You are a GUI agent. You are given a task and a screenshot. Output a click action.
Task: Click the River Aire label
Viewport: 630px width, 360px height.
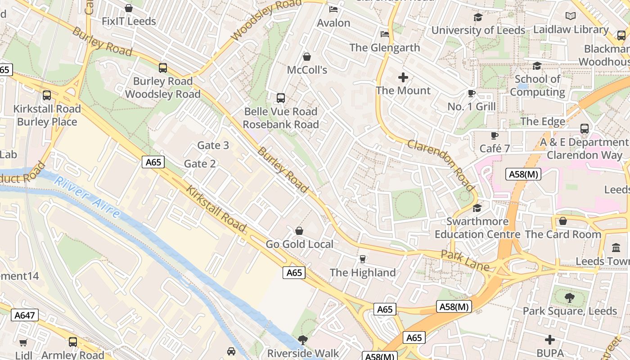click(87, 198)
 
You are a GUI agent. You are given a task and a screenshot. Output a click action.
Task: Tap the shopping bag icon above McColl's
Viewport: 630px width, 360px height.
click(307, 57)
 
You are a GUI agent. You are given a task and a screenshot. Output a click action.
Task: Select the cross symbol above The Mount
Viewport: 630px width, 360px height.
click(403, 77)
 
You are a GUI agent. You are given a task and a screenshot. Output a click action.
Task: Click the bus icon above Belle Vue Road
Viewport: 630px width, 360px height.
click(281, 98)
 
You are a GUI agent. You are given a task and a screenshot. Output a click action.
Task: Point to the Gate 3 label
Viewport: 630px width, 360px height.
click(213, 145)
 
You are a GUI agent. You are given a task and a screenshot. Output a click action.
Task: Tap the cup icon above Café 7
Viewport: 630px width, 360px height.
click(495, 135)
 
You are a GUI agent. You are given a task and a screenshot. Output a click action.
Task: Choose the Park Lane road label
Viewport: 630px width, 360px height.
click(465, 261)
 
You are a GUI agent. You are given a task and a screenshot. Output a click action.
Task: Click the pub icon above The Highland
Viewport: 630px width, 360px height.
click(363, 259)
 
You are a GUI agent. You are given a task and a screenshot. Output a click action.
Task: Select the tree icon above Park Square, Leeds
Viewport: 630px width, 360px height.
click(569, 297)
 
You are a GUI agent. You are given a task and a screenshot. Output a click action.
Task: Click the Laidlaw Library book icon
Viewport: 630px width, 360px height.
click(571, 16)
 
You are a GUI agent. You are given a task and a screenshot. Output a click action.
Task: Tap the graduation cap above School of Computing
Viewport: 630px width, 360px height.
click(537, 66)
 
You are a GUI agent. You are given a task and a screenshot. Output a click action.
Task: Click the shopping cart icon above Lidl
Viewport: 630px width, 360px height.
click(23, 343)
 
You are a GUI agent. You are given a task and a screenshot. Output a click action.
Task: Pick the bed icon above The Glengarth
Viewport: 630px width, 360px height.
click(385, 34)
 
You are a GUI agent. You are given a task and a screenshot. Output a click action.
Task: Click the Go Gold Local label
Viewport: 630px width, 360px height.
click(299, 244)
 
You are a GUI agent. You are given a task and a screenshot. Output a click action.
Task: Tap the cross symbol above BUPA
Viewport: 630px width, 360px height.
click(549, 340)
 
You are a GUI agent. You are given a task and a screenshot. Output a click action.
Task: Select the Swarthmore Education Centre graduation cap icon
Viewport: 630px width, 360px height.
click(477, 208)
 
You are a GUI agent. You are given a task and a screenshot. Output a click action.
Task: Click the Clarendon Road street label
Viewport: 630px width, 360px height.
click(441, 165)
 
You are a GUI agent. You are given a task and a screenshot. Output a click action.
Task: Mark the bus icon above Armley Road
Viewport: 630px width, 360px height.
click(73, 342)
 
